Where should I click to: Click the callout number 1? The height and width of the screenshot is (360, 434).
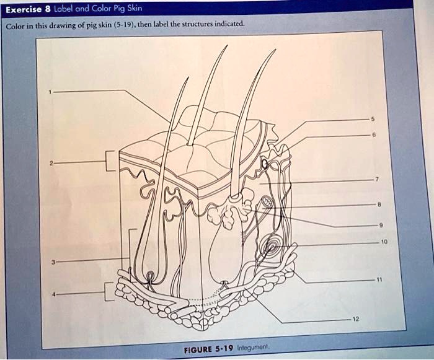pos(50,92)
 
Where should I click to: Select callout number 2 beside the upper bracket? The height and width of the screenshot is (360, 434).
pos(51,164)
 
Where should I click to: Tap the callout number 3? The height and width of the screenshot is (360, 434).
pos(53,261)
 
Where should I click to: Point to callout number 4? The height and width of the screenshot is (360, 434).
pos(55,294)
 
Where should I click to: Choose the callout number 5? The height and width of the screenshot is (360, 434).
pos(373,119)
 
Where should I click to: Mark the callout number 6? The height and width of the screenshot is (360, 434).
pos(374,134)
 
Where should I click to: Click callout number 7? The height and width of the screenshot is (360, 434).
pos(377,179)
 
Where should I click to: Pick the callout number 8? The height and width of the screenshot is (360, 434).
pos(379,204)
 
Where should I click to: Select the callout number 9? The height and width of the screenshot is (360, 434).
pos(381,226)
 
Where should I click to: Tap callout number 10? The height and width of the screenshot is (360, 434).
pos(384,242)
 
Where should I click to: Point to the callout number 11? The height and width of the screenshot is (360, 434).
pos(379,279)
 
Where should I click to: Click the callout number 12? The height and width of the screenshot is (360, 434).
pos(356,319)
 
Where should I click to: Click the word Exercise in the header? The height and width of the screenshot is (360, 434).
pos(24,10)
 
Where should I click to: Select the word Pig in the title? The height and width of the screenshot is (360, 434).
pos(120,9)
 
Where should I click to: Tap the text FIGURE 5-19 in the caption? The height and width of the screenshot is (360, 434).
pos(209,349)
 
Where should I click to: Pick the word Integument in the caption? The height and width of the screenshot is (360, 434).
pos(253,347)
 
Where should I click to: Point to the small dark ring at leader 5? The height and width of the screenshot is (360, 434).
pos(265,164)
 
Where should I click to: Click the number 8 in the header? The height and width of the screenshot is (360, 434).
pos(48,9)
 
